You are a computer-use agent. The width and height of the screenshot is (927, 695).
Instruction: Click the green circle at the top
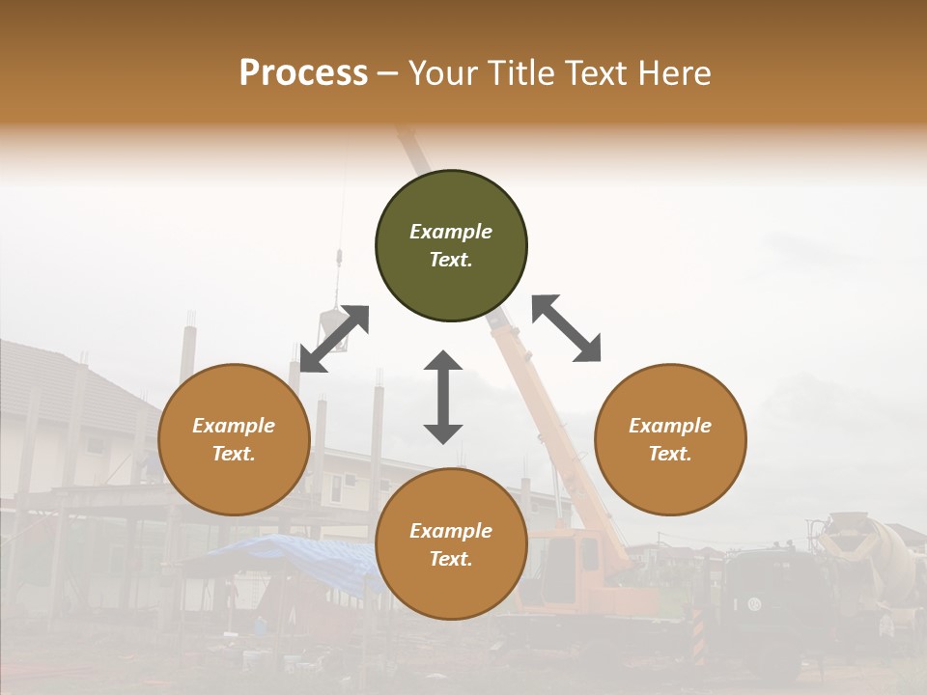(451, 246)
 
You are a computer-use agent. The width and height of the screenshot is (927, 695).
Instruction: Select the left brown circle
(234, 439)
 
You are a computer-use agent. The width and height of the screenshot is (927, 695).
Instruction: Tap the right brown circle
(670, 439)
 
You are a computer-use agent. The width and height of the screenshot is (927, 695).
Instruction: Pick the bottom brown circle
(451, 544)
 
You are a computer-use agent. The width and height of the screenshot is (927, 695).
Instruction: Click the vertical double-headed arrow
(443, 397)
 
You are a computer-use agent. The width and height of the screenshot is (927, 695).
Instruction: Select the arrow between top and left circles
(334, 339)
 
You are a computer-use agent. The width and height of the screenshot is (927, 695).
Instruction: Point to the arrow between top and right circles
(566, 328)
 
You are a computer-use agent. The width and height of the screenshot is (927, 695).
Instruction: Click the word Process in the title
(303, 72)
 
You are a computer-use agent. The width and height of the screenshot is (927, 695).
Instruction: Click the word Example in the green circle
(451, 232)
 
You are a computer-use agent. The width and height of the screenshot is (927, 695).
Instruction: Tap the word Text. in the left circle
(234, 454)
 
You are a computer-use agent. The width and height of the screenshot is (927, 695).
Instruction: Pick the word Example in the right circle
(670, 426)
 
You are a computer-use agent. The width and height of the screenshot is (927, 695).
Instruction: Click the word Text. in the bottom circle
(451, 559)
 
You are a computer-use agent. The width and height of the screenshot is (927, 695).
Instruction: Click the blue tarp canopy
(290, 560)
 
